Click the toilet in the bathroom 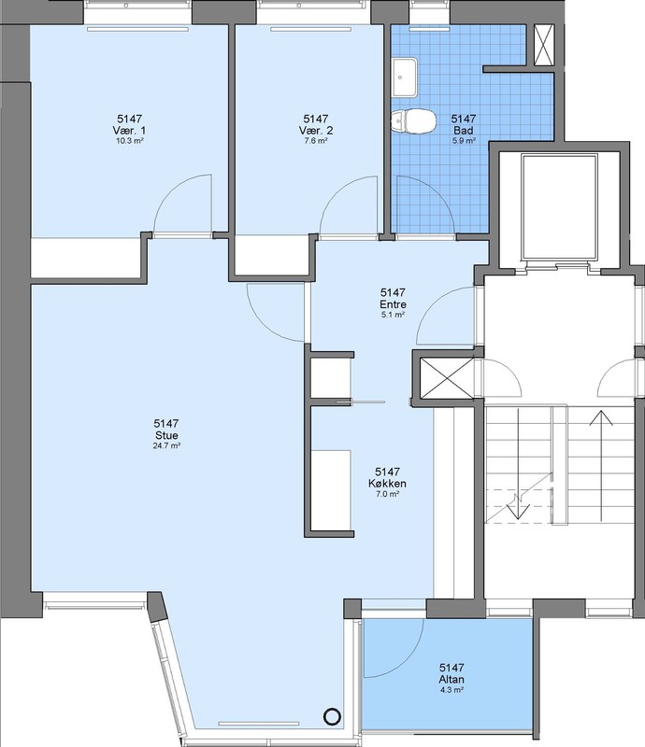(x=412, y=121)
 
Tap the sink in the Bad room (x=404, y=77)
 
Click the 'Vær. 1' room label (x=129, y=131)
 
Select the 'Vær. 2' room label (x=316, y=131)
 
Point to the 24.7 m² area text (x=166, y=446)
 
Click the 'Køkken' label (x=387, y=484)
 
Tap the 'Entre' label (x=394, y=304)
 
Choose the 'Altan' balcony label (x=451, y=680)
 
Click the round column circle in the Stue (x=333, y=716)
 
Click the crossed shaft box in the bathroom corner (x=544, y=44)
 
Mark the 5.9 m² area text (x=464, y=141)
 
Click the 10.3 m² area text (x=130, y=141)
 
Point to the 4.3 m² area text (x=451, y=690)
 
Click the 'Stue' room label (x=166, y=435)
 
